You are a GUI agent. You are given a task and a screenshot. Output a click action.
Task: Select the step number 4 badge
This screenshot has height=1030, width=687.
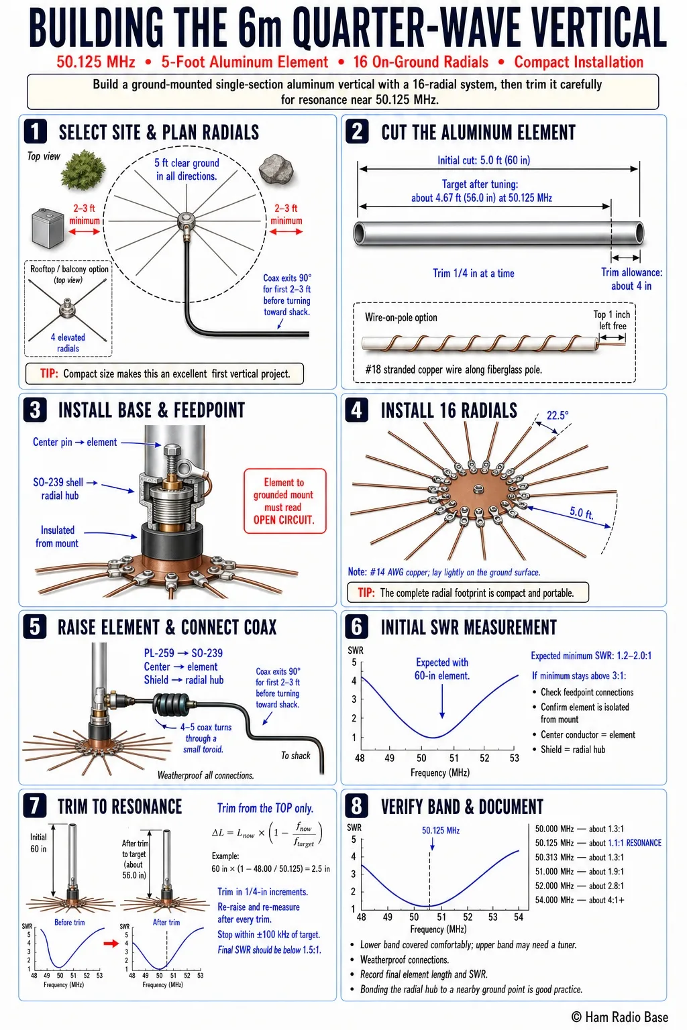(x=357, y=410)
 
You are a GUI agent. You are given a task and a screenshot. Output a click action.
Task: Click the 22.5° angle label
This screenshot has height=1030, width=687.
(x=558, y=416)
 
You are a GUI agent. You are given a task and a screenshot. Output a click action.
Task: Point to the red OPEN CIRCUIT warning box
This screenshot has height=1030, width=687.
(x=284, y=501)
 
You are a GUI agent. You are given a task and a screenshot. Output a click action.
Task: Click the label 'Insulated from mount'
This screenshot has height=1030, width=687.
(x=57, y=536)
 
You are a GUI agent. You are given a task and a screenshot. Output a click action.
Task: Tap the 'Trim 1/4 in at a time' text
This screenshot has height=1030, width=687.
(x=474, y=273)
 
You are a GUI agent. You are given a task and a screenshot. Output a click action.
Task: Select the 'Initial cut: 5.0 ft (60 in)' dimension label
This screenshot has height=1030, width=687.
(x=484, y=160)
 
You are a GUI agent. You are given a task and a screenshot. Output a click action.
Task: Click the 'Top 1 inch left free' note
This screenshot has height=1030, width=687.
(x=612, y=320)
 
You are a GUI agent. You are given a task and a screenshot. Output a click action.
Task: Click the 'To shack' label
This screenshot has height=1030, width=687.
(x=295, y=756)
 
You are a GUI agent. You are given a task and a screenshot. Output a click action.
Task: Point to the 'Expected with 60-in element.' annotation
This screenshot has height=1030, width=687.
(x=441, y=669)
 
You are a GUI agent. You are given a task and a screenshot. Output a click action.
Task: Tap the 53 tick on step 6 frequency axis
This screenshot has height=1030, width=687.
(x=514, y=758)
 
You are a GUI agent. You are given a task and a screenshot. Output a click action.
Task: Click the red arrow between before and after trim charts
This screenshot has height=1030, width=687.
(x=111, y=943)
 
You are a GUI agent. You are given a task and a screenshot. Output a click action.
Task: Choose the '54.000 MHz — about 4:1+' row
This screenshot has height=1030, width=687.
(x=580, y=900)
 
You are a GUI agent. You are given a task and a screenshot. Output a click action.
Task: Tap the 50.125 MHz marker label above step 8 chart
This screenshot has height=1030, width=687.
(x=441, y=830)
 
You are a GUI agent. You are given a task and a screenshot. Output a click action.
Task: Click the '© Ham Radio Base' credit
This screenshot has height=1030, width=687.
(x=619, y=1017)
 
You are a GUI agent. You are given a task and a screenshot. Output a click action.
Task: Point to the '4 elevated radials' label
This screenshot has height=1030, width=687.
(x=68, y=343)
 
